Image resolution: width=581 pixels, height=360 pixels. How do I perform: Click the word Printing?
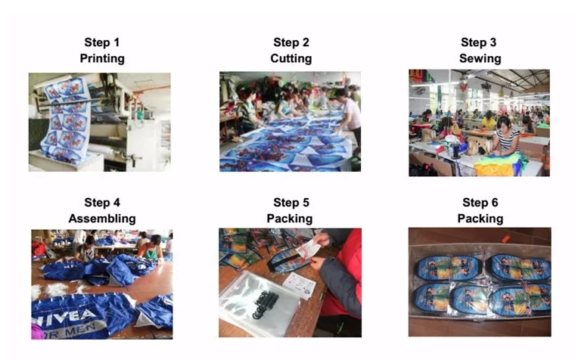(x=102, y=58)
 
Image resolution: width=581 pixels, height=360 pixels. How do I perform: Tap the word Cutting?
(x=290, y=58)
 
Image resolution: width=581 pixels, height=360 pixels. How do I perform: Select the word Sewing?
(x=480, y=58)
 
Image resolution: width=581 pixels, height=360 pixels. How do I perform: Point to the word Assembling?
(x=102, y=219)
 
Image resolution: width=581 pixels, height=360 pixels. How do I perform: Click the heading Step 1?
(x=102, y=42)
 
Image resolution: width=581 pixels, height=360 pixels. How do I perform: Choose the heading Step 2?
(x=290, y=42)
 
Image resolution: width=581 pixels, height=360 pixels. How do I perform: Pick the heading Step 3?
(x=478, y=42)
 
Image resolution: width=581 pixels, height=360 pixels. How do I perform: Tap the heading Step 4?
(x=102, y=202)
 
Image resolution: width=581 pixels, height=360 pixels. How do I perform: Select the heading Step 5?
(x=290, y=202)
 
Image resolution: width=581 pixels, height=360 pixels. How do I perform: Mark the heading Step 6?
(x=480, y=202)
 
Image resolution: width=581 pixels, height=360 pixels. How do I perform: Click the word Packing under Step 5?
(x=290, y=219)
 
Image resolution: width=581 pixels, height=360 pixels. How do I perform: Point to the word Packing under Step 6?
(x=480, y=219)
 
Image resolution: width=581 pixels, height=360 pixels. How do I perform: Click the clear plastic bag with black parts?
(x=259, y=304)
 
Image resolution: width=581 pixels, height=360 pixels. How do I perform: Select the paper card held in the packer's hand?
(x=308, y=249)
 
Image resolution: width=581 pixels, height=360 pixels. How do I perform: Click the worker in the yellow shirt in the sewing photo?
(x=489, y=121)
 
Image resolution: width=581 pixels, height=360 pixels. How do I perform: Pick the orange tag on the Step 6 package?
(x=506, y=239)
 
